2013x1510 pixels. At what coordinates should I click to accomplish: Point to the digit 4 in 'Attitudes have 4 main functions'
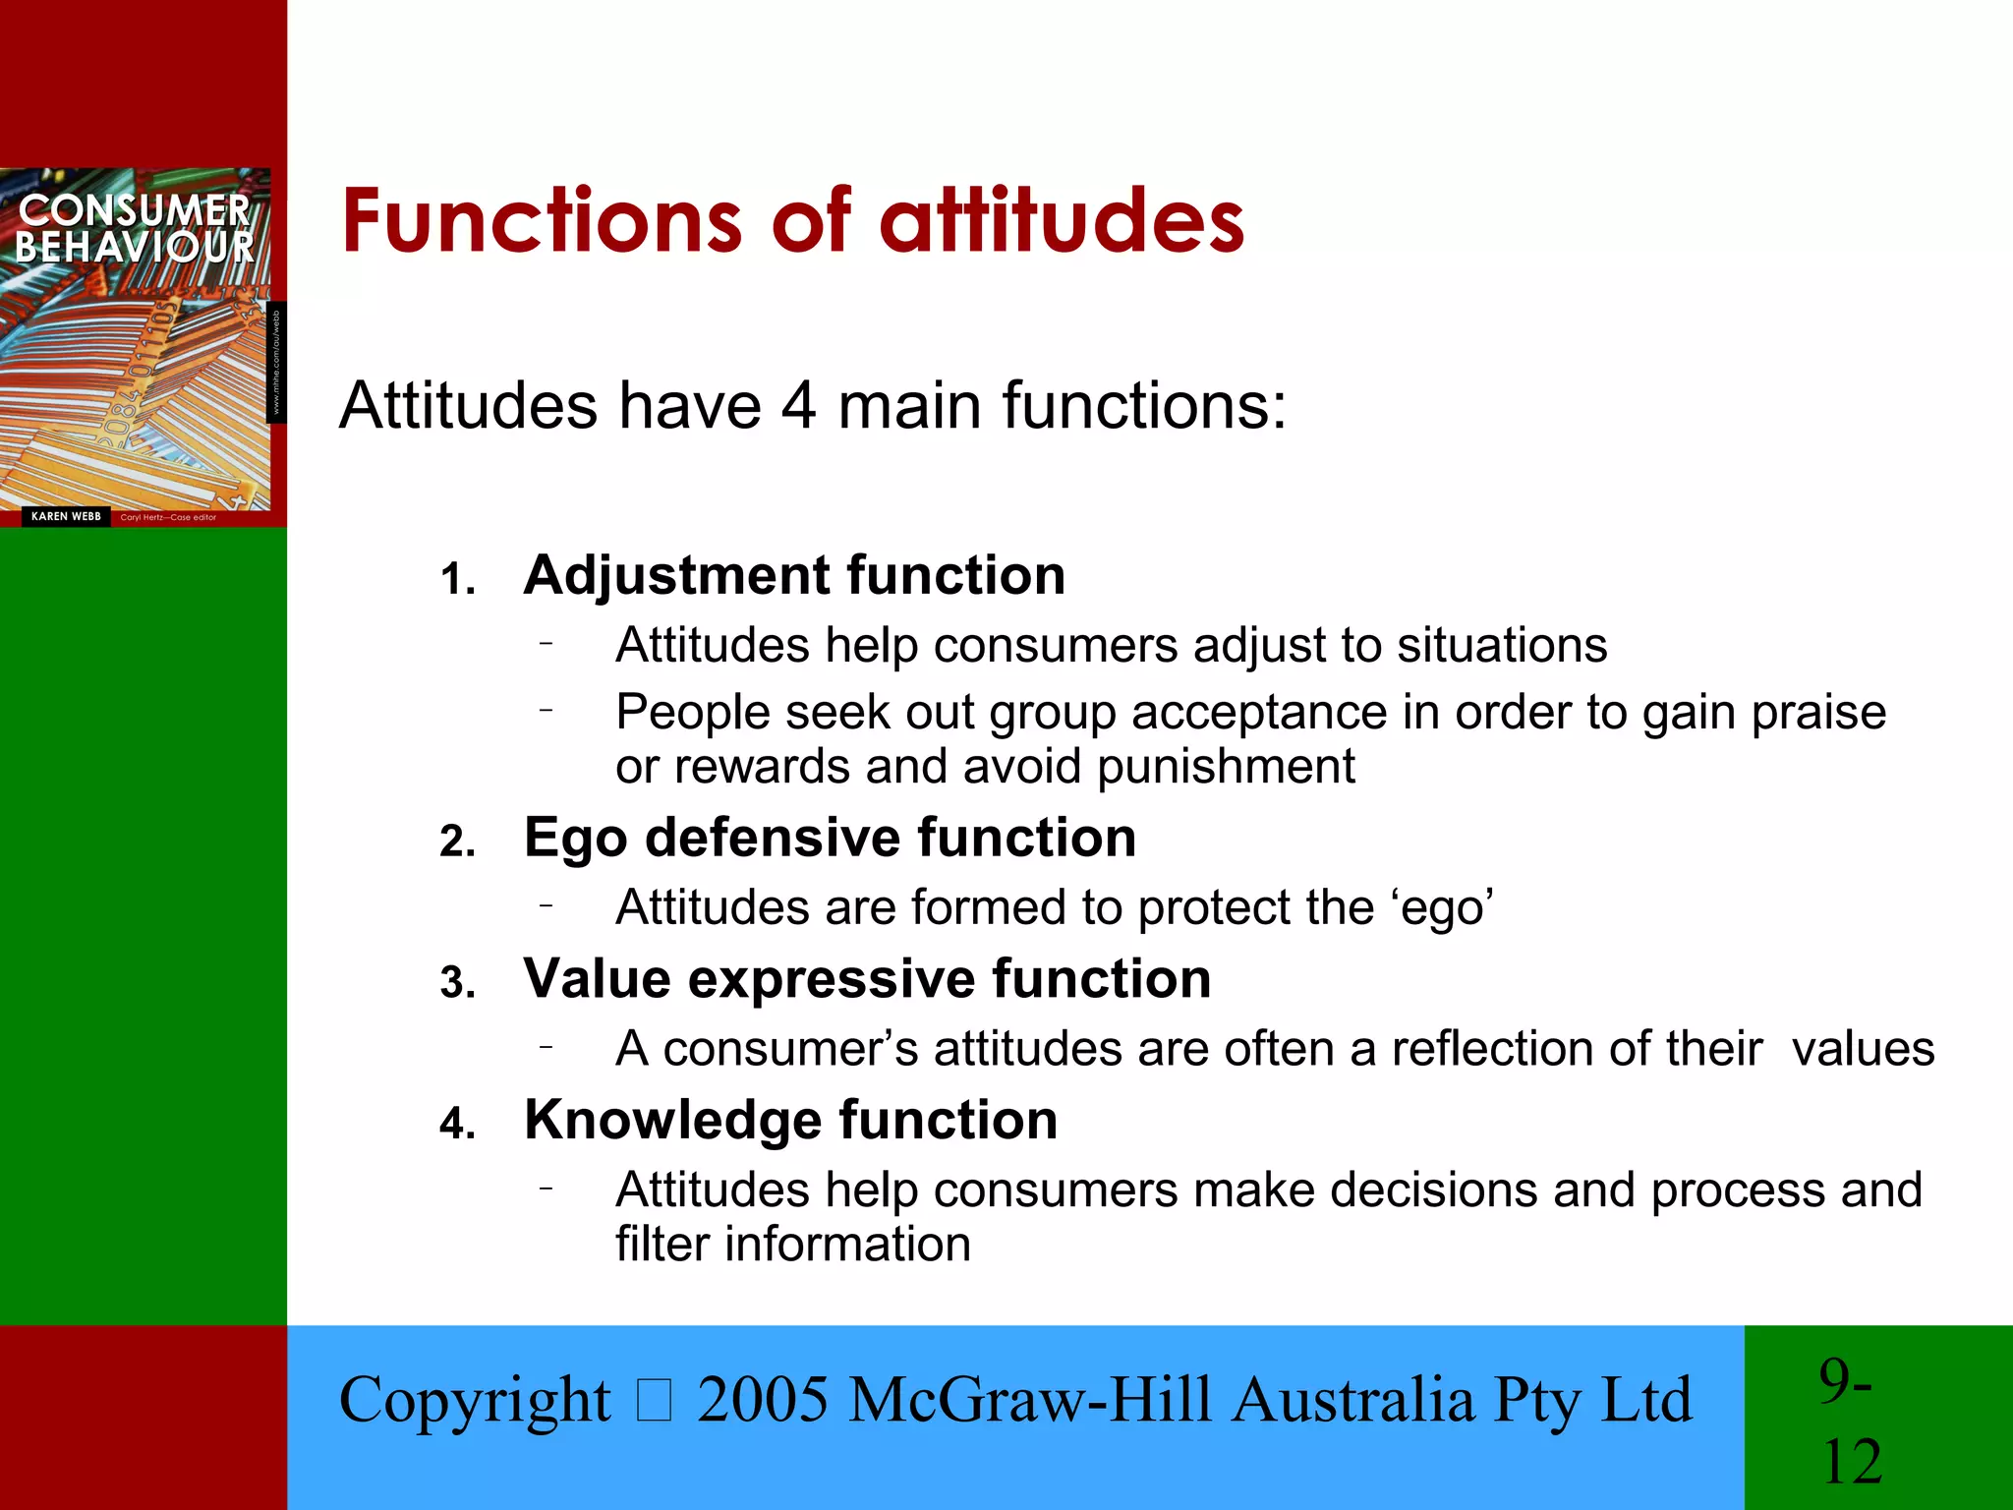pyautogui.click(x=798, y=405)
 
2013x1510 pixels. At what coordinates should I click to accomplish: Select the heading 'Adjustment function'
pyautogui.click(x=794, y=575)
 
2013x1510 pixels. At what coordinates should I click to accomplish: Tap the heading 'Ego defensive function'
pyautogui.click(x=830, y=838)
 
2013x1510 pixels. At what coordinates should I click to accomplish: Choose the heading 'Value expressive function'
pyautogui.click(x=867, y=979)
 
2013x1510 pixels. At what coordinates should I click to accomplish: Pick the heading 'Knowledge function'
pyautogui.click(x=790, y=1120)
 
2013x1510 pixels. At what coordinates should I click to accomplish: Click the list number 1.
pyautogui.click(x=457, y=580)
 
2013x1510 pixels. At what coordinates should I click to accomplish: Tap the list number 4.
pyautogui.click(x=457, y=1124)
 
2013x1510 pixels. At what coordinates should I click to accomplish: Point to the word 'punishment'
pyautogui.click(x=1226, y=767)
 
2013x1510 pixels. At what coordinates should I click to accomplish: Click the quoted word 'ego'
pyautogui.click(x=1442, y=908)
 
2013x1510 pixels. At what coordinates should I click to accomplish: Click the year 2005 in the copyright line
pyautogui.click(x=763, y=1399)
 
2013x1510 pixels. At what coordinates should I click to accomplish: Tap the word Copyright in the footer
pyautogui.click(x=475, y=1401)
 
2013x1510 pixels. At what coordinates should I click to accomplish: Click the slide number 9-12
pyautogui.click(x=1850, y=1420)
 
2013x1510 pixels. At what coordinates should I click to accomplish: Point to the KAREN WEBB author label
pyautogui.click(x=66, y=516)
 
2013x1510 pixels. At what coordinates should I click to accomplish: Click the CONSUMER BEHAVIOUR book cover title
pyautogui.click(x=135, y=229)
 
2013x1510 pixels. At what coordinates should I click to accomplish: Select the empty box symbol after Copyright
pyautogui.click(x=654, y=1401)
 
